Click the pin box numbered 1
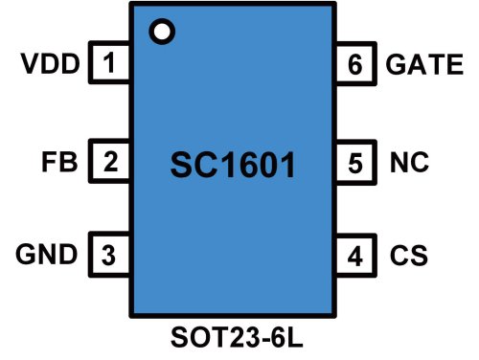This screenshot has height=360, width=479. click(110, 65)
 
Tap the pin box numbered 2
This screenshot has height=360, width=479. click(110, 161)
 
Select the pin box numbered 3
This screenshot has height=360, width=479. click(110, 256)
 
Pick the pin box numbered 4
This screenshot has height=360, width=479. click(356, 256)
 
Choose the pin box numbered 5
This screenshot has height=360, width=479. click(356, 161)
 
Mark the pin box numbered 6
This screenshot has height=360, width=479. click(356, 65)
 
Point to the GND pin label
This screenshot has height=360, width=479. click(46, 256)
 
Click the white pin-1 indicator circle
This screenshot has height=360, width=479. click(164, 32)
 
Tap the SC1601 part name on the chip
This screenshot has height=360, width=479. click(233, 165)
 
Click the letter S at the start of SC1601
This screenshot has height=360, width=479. click(181, 165)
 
